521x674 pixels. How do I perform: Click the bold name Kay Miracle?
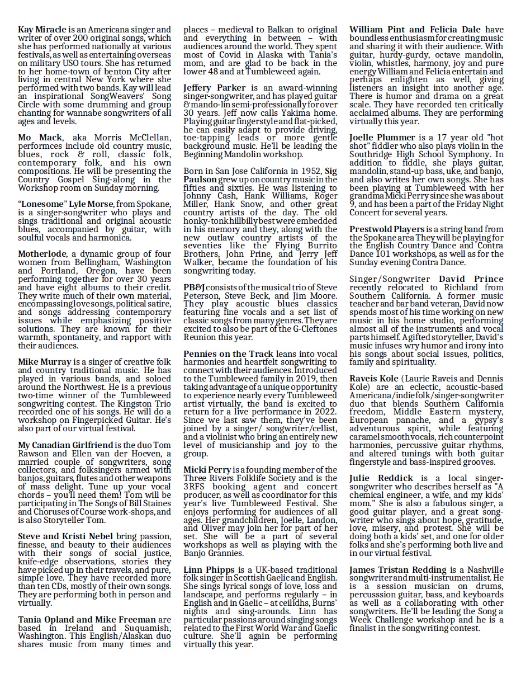pos(42,30)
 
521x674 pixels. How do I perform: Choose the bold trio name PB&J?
pos(193,287)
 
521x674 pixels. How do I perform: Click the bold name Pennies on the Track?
pos(229,354)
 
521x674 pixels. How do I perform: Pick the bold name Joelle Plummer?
pos(382,137)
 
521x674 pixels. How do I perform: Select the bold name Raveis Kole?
pos(374,379)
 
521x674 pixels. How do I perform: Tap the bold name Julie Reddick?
pos(381,478)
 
